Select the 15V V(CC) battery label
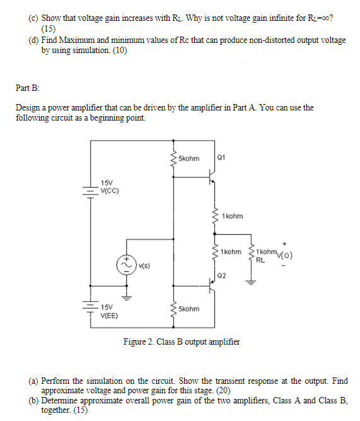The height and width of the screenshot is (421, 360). tap(110, 186)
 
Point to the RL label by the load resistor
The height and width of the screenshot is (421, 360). tap(260, 260)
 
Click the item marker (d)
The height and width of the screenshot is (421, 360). tap(34, 40)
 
